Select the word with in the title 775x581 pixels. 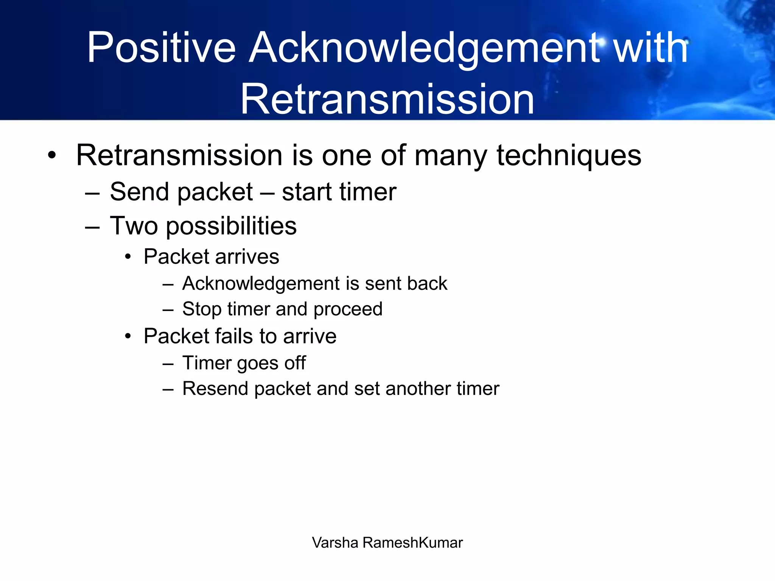click(650, 48)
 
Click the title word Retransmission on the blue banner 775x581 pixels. click(387, 99)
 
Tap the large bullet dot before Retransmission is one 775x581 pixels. click(52, 155)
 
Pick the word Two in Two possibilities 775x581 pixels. click(134, 226)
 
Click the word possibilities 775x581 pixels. click(231, 227)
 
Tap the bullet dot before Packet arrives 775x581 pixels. click(128, 257)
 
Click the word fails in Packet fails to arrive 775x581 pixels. click(234, 336)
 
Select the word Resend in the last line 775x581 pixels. click(215, 388)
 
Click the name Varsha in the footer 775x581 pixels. click(335, 543)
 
